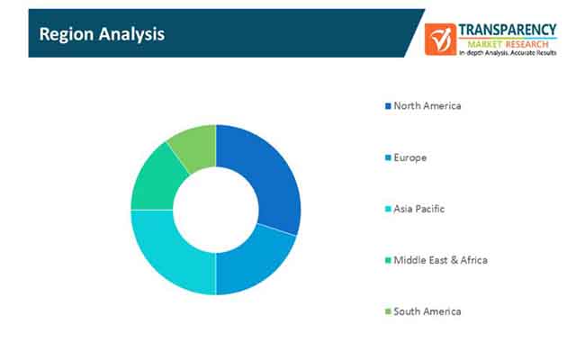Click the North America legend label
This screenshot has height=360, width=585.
pos(427,106)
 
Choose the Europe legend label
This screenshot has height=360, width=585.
pos(410,157)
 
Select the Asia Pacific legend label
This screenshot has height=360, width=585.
pos(419,209)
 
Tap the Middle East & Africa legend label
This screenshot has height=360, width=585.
pos(441,260)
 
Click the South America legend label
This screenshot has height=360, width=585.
pos(427,311)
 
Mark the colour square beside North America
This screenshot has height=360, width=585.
pos(388,106)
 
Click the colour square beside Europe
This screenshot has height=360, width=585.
pos(388,157)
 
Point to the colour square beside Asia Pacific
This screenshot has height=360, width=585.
pos(388,209)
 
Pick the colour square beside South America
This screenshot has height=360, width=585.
pos(388,311)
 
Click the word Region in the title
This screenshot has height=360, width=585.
pos(67,35)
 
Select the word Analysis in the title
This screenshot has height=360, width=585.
pos(131,35)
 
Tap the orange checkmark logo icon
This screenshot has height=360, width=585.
pos(440,40)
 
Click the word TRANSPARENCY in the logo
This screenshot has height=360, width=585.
pos(508,30)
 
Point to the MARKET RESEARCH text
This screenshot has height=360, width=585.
pos(508,44)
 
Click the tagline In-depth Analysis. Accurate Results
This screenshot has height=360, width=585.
pos(508,53)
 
